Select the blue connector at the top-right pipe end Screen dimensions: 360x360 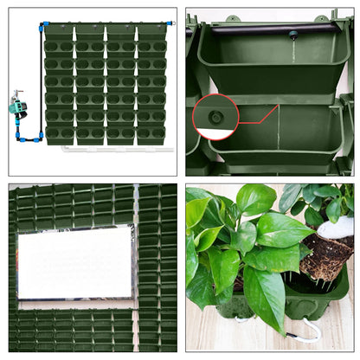pyautogui.click(x=172, y=20)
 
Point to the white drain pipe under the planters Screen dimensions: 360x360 pyautogui.click(x=112, y=150)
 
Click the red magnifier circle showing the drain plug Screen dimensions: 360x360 pyautogui.click(x=215, y=118)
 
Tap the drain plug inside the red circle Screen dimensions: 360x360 pyautogui.click(x=215, y=116)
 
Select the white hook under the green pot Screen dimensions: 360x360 pyautogui.click(x=308, y=333)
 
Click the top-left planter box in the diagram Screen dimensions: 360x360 pyautogui.click(x=59, y=34)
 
